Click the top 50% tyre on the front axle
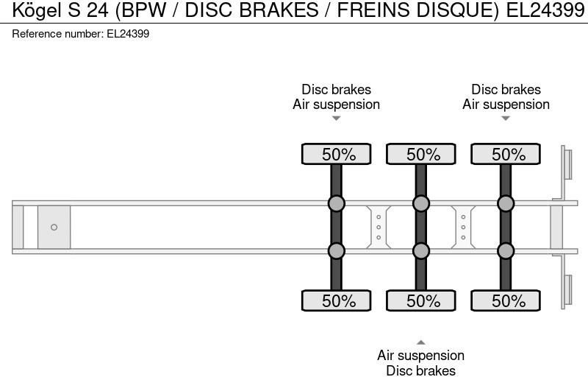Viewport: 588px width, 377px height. click(336, 154)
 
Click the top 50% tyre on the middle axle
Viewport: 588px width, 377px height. click(421, 154)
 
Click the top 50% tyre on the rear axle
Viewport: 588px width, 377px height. click(506, 154)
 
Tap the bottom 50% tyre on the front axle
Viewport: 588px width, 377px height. click(336, 300)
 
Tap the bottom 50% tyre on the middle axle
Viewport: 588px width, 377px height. click(421, 300)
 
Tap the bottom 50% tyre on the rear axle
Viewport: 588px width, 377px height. click(506, 300)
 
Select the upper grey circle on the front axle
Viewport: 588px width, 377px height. click(336, 203)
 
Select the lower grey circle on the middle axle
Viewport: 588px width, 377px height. click(421, 251)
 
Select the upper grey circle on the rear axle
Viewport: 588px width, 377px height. click(506, 203)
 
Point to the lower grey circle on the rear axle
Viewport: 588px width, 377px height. click(506, 251)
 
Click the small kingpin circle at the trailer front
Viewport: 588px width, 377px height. click(54, 228)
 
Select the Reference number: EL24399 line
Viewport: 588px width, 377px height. click(81, 33)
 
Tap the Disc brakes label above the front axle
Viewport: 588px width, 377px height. click(336, 90)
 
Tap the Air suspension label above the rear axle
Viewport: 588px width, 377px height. click(506, 105)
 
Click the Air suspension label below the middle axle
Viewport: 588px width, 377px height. click(421, 356)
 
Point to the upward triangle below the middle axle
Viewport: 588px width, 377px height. click(421, 342)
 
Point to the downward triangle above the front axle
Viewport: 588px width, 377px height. click(336, 119)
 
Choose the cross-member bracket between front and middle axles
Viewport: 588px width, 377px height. click(379, 227)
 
